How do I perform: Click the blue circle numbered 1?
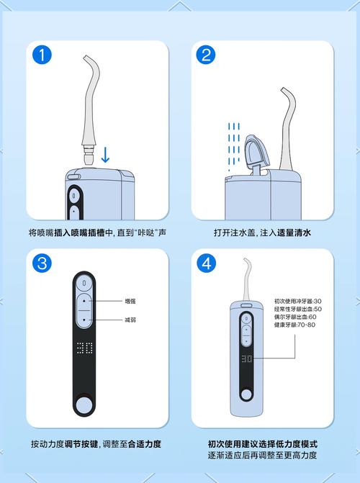click(42, 55)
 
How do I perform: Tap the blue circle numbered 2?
click(206, 55)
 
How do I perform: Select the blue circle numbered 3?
click(42, 263)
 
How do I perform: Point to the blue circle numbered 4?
click(206, 263)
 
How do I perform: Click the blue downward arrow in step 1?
click(105, 155)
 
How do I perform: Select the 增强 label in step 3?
click(130, 301)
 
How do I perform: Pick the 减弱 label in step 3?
click(130, 320)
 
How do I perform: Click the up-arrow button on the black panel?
click(84, 301)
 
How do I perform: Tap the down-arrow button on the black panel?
click(84, 320)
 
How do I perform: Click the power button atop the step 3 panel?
click(84, 282)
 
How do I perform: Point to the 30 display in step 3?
click(84, 348)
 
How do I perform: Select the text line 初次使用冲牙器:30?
click(298, 301)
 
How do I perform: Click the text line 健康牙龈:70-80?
click(294, 325)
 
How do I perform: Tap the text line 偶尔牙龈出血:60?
click(295, 317)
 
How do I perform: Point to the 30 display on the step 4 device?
click(246, 358)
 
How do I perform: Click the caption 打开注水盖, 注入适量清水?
click(262, 233)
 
